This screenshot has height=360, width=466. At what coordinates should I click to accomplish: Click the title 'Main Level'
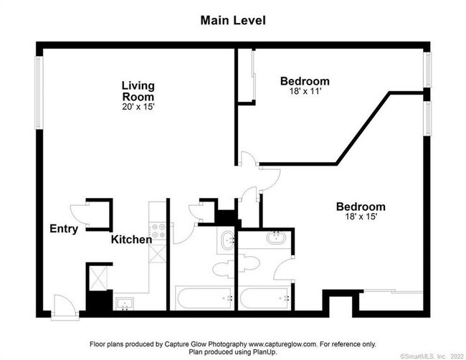coord(233,20)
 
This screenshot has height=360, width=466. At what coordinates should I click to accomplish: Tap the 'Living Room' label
coord(138,91)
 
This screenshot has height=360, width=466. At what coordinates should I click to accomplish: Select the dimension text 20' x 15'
coord(138,106)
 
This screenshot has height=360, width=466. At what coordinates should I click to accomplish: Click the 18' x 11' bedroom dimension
coord(304,93)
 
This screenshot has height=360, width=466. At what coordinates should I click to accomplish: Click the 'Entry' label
coord(64,229)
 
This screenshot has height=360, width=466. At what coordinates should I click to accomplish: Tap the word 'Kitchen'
coord(131,240)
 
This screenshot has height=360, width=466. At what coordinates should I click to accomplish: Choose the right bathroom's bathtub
coord(265,298)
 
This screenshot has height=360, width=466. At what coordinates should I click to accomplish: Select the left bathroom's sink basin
coord(227,241)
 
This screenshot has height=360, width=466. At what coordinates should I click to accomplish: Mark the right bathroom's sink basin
coord(275,238)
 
